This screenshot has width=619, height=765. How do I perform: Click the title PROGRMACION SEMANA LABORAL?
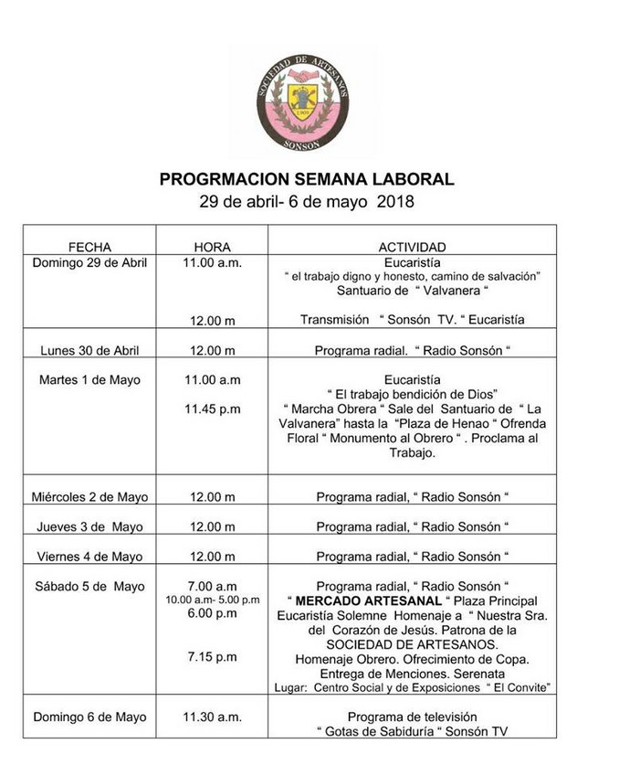click(x=307, y=179)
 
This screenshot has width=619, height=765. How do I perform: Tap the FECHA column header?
click(x=89, y=247)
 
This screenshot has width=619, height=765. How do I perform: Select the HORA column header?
click(x=212, y=247)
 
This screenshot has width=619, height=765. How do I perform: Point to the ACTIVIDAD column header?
click(x=412, y=247)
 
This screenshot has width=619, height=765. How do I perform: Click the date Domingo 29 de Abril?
click(x=89, y=262)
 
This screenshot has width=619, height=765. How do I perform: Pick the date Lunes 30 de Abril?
click(x=89, y=350)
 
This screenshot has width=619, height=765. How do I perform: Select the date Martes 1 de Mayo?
click(x=89, y=379)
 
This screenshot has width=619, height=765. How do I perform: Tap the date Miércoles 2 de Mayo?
click(x=89, y=497)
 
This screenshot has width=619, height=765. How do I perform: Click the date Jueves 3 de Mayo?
click(x=89, y=526)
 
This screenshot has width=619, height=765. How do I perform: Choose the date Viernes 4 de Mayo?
click(x=89, y=556)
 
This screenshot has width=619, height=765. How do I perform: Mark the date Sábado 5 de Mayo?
click(x=89, y=586)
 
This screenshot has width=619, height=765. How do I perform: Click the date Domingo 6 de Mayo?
click(x=89, y=717)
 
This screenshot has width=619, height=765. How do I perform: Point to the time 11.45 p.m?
click(x=212, y=409)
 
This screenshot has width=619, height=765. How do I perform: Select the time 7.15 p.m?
click(x=212, y=657)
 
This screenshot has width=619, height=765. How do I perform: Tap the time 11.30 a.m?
click(x=212, y=717)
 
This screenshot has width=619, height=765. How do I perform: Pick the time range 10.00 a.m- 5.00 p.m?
click(x=212, y=600)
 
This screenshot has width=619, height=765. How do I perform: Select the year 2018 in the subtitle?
click(x=395, y=202)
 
